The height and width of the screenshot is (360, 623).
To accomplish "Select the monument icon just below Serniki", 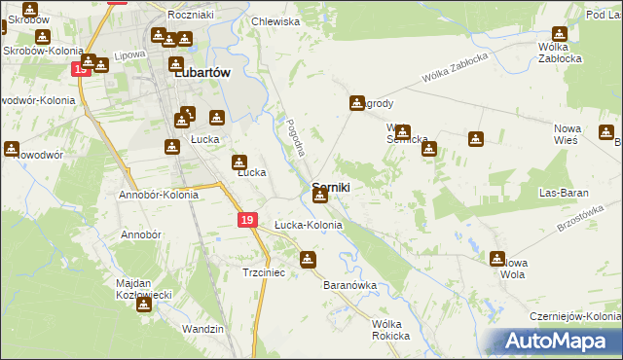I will pyautogui.click(x=320, y=198).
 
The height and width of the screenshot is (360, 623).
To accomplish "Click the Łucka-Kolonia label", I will pyautogui.click(x=308, y=225).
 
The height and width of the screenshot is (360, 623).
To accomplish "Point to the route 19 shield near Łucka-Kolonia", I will pyautogui.click(x=248, y=222).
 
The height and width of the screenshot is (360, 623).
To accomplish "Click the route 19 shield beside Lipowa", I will pyautogui.click(x=81, y=68).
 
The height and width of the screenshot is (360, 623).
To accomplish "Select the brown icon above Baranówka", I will pyautogui.click(x=309, y=260).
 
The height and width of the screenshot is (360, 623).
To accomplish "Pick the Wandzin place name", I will pyautogui.click(x=203, y=329).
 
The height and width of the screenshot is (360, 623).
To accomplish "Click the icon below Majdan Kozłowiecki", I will pyautogui.click(x=144, y=305).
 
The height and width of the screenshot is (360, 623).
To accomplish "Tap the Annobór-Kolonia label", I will pyautogui.click(x=159, y=195).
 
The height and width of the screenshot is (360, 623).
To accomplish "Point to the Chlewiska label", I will pyautogui.click(x=275, y=21).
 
